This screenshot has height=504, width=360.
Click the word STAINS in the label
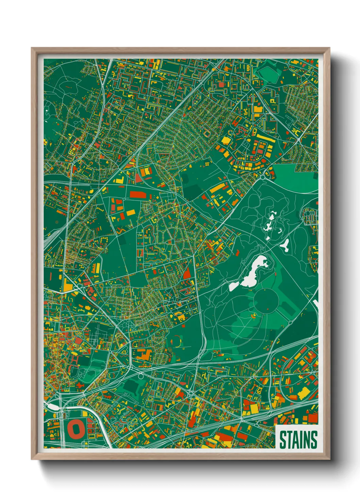point(298,439)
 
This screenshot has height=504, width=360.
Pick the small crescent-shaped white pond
point(280,231)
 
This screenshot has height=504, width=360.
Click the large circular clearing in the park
point(266,301)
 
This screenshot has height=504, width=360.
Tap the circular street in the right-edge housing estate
point(309,216)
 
